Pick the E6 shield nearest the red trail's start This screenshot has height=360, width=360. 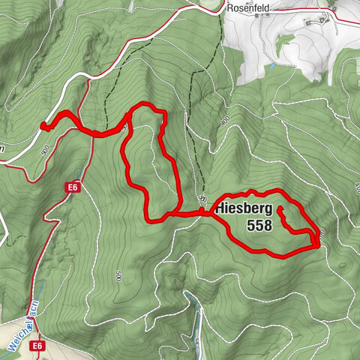[x=72, y=187]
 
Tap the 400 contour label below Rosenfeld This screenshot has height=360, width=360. [x=225, y=120]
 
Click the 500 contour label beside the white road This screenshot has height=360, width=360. [x=46, y=150]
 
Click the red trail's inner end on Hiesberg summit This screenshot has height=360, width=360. [x=279, y=208]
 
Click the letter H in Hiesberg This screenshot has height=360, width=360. [x=221, y=208]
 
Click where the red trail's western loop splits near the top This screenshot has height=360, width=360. [x=132, y=112]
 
